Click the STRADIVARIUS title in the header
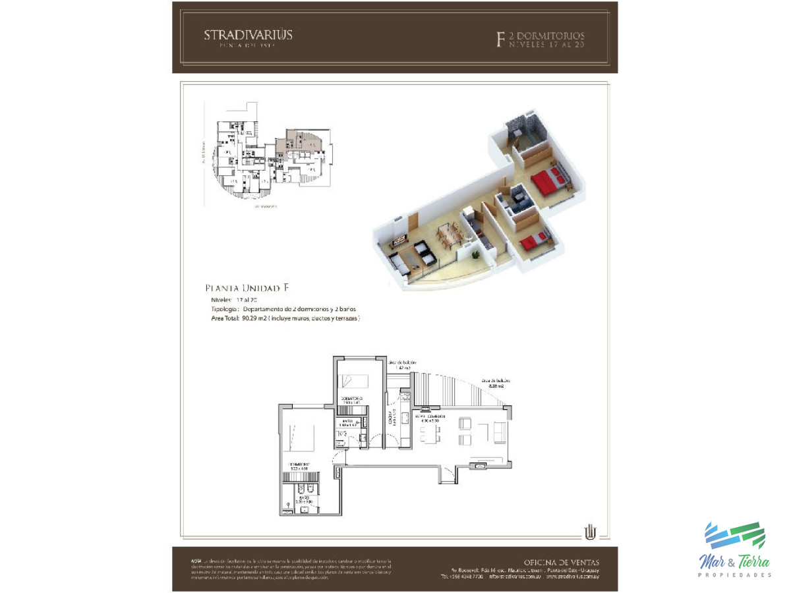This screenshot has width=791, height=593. tap(248, 35)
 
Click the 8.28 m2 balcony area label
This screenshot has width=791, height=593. tap(496, 383)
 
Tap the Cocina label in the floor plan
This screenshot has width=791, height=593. tap(390, 418)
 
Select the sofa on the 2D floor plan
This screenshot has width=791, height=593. tap(500, 432)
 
